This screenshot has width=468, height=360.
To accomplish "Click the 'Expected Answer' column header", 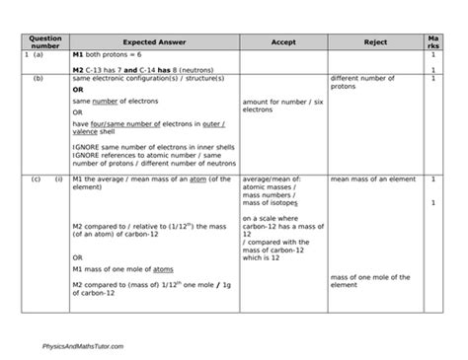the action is pyautogui.click(x=153, y=43).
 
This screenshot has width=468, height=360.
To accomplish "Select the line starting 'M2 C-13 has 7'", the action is pyautogui.click(x=129, y=70).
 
